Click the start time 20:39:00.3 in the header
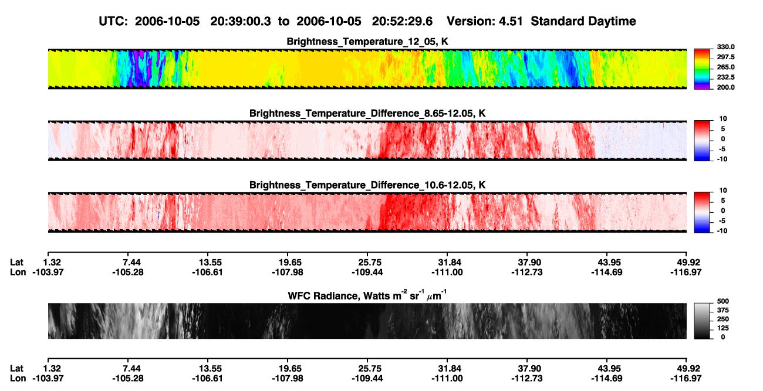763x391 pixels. [241, 21]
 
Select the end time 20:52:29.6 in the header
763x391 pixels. [402, 21]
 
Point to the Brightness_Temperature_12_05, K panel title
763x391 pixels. [367, 42]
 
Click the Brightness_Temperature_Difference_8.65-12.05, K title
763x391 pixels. [367, 113]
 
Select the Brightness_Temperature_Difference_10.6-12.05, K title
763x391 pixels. [367, 185]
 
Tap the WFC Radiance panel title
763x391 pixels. [367, 295]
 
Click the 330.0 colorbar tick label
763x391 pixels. [725, 47]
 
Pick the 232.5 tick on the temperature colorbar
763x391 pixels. [725, 77]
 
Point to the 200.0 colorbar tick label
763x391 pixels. [725, 87]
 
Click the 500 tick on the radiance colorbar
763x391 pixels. [723, 301]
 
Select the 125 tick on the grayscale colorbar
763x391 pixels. [723, 328]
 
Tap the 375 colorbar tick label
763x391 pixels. [723, 310]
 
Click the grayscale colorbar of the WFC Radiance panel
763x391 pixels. [702, 321]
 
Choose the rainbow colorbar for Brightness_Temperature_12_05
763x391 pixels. [702, 69]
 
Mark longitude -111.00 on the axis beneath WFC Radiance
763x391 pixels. [447, 379]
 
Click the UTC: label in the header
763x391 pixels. [113, 21]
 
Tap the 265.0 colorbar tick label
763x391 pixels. [725, 67]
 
